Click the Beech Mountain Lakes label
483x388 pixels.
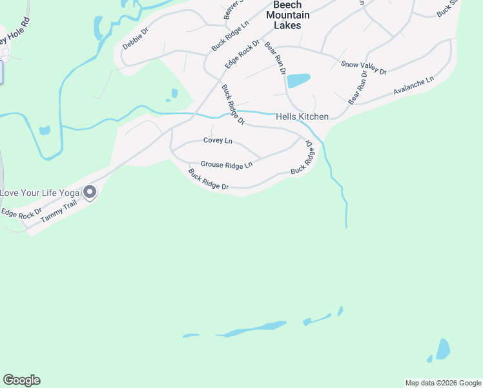click(287, 15)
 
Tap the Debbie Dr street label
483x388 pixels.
click(136, 39)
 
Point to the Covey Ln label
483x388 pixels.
click(217, 140)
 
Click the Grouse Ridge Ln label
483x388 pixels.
click(226, 166)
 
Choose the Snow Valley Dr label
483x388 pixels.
click(364, 67)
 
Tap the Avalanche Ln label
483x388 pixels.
click(414, 87)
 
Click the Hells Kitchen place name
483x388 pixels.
click(302, 117)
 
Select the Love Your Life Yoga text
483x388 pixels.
click(39, 193)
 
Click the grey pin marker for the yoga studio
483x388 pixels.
click(90, 192)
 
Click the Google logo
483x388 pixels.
click(21, 380)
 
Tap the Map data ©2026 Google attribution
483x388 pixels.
click(443, 383)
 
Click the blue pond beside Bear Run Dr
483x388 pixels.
click(298, 80)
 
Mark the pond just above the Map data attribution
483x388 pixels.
click(442, 349)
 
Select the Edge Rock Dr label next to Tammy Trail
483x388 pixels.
click(21, 211)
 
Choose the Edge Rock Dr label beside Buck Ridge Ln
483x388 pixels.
click(242, 55)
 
